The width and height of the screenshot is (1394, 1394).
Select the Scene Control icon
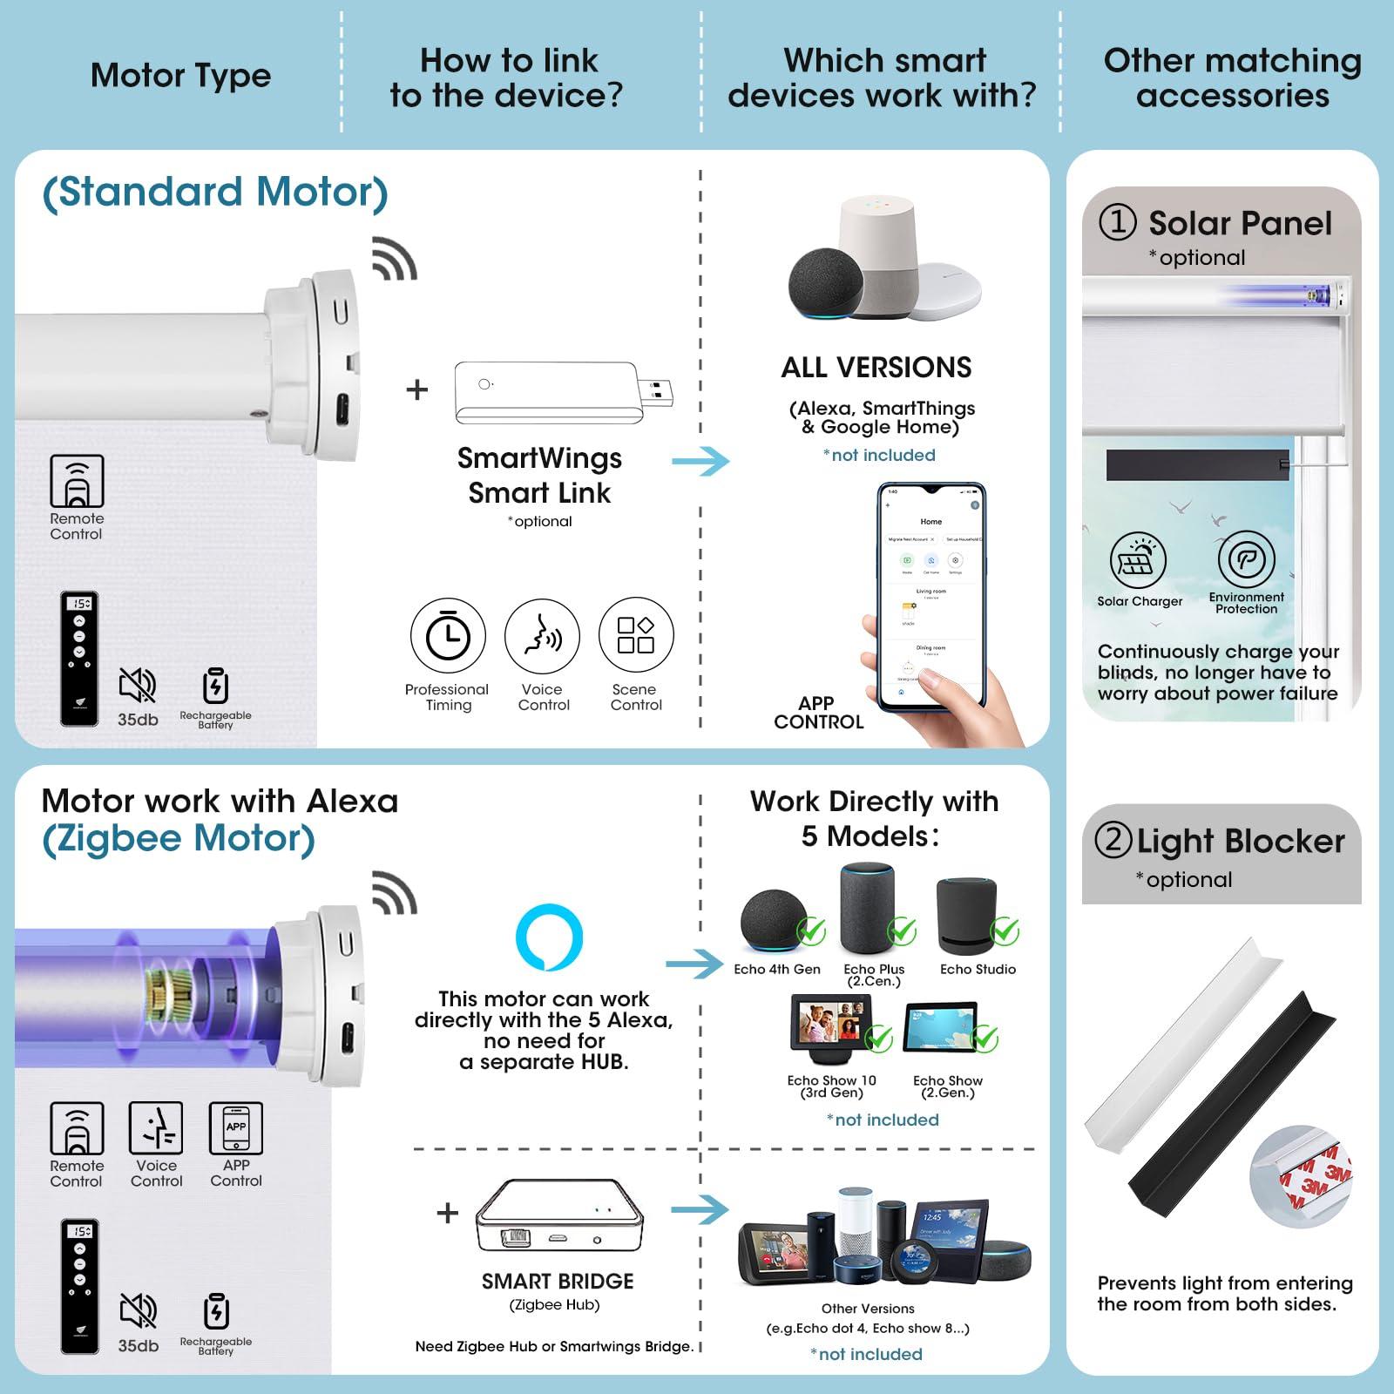point(636,635)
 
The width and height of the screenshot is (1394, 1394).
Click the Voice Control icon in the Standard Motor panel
point(542,635)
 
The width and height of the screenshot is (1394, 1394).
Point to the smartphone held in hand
point(930,597)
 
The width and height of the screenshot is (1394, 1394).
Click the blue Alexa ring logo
point(549,937)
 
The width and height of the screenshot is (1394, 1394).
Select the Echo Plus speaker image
point(868,910)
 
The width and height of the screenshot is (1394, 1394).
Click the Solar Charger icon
point(1138,559)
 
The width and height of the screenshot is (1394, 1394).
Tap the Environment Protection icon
point(1246,559)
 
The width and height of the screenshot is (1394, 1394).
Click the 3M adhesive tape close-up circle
point(1300,1176)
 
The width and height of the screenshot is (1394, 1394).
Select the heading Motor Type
point(180,76)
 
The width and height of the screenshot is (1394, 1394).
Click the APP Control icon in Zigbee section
point(235,1128)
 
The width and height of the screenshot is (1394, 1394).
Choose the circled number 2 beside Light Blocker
point(1113,840)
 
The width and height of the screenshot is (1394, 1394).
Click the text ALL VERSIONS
point(876,368)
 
